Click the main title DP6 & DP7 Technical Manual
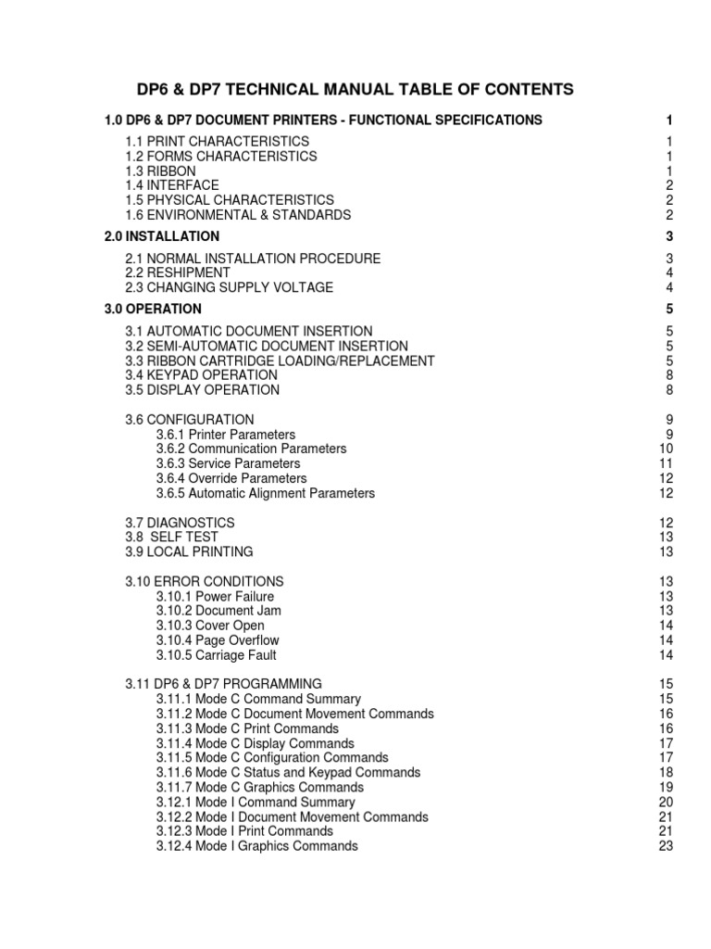coord(355,90)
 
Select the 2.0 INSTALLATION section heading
coord(162,236)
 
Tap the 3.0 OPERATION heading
coord(153,309)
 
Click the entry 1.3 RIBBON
coord(160,171)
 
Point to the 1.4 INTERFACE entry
coord(172,185)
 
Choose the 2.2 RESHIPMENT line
coord(178,273)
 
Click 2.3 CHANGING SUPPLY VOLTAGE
coord(229,288)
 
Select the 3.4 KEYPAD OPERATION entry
coord(201,375)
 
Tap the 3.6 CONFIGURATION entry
coord(189,420)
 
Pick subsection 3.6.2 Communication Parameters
coord(251,449)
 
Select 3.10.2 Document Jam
coord(218,611)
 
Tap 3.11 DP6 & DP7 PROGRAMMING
coord(223,684)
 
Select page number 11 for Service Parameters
coord(665,463)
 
